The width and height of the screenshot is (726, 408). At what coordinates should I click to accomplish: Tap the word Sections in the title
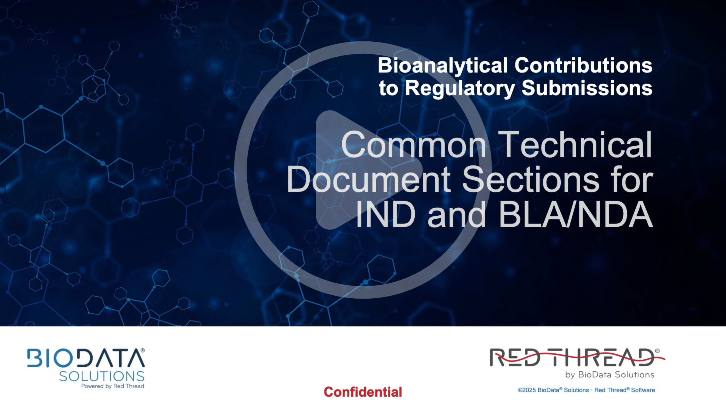(x=531, y=180)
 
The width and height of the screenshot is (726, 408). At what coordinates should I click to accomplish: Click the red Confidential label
(x=363, y=392)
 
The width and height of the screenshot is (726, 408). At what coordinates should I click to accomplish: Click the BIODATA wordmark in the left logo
(x=86, y=358)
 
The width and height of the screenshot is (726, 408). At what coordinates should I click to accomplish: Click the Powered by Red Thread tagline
(x=113, y=386)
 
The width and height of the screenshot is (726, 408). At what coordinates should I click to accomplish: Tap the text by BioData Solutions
(x=610, y=375)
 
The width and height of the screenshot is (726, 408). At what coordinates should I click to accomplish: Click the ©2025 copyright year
(x=527, y=390)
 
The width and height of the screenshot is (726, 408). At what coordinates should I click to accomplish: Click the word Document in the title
(x=369, y=180)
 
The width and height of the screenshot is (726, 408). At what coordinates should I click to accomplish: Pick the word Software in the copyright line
(x=643, y=390)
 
